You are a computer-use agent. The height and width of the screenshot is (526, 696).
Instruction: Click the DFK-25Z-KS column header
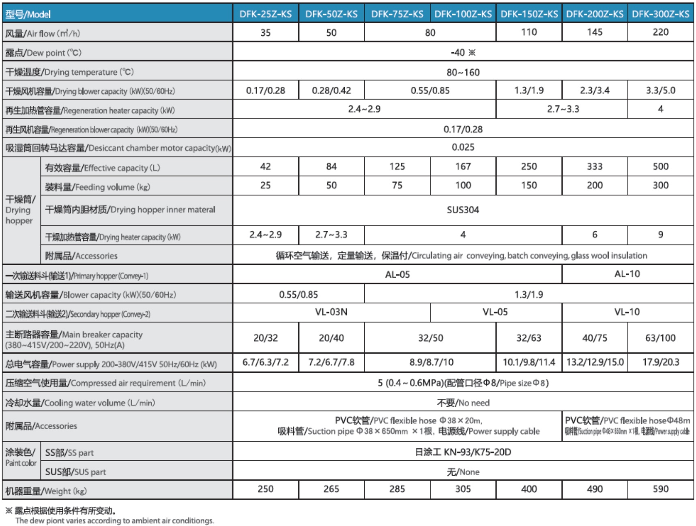265,14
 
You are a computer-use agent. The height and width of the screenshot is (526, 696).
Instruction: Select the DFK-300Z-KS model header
660,14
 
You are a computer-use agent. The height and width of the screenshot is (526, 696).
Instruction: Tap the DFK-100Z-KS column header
463,14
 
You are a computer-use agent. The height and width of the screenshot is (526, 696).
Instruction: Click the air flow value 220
660,32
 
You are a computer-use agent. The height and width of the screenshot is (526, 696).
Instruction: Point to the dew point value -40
463,53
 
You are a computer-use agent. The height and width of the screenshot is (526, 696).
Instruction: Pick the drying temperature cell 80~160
463,72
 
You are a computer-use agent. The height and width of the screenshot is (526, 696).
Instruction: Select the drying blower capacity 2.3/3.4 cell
594,90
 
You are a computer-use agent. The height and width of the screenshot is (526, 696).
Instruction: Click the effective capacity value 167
463,167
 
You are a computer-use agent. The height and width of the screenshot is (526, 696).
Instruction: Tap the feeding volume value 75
397,185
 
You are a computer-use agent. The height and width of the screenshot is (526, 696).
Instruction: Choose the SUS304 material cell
463,210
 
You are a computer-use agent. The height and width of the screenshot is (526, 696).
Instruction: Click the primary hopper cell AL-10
627,274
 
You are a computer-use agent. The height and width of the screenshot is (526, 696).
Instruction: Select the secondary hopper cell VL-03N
331,312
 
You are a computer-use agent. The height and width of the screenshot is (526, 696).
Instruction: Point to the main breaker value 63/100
660,338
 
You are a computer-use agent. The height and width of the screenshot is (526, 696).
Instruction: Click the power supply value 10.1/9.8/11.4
528,362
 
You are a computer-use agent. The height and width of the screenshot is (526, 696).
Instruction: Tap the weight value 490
594,489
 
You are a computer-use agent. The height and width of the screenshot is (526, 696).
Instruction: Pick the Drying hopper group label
20,210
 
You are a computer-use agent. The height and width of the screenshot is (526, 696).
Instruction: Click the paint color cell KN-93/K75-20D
463,452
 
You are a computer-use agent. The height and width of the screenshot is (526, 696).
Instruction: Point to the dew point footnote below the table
110,515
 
